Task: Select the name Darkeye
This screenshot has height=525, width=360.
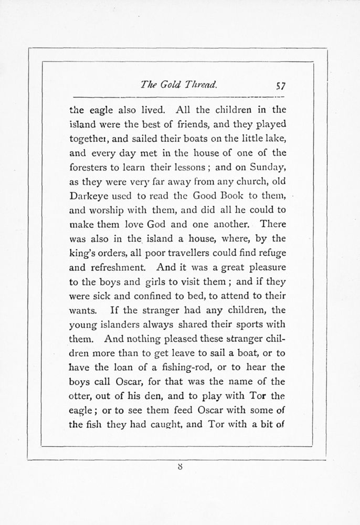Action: (88, 196)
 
